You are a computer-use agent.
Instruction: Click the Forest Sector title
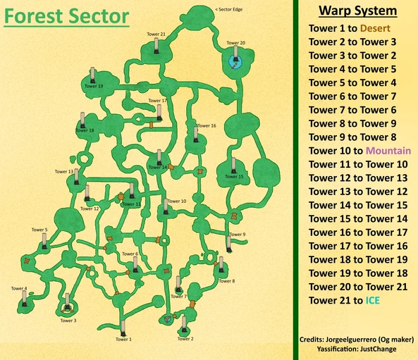pyautogui.click(x=66, y=16)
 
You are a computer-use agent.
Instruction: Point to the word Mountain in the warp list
pyautogui.click(x=391, y=150)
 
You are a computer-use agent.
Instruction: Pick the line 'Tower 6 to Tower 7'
pyautogui.click(x=355, y=97)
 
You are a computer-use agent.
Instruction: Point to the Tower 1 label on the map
pyautogui.click(x=123, y=340)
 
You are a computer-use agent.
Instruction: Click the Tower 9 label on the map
pyautogui.click(x=238, y=234)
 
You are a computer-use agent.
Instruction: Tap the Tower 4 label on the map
pyautogui.click(x=19, y=288)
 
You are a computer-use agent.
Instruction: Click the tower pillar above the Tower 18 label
pyautogui.click(x=82, y=118)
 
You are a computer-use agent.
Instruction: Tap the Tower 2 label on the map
pyautogui.click(x=185, y=339)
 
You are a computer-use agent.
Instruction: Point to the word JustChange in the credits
pyautogui.click(x=393, y=349)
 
